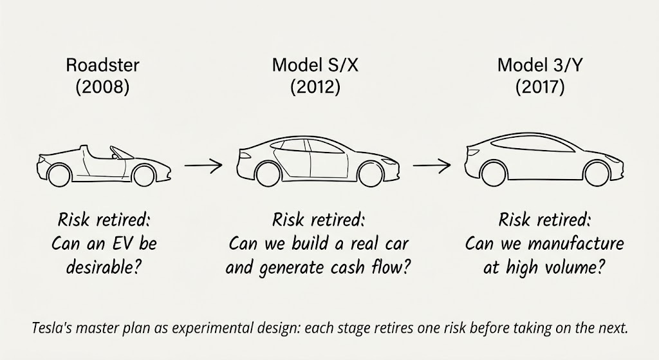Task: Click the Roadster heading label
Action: [x=102, y=65]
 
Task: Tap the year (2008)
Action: [x=102, y=87]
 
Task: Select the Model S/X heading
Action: [x=315, y=65]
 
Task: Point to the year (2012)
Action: [x=315, y=87]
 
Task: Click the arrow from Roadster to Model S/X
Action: [x=203, y=166]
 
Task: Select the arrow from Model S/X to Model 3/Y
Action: [x=431, y=166]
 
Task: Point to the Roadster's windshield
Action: [x=118, y=153]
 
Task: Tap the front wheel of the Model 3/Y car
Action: [x=597, y=173]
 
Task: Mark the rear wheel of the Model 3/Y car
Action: [x=492, y=173]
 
